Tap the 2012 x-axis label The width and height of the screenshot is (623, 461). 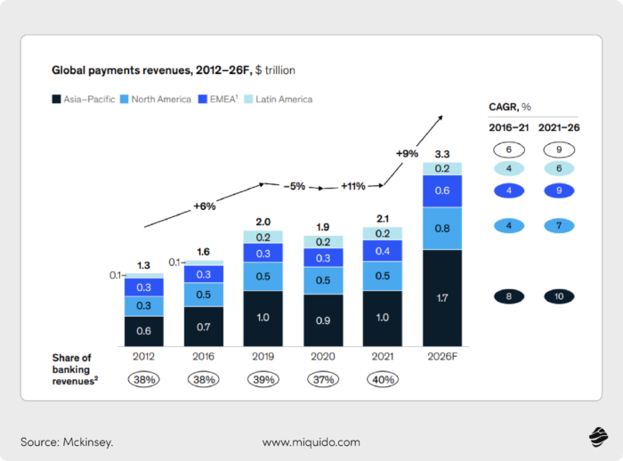[144, 358]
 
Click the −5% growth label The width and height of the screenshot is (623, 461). [295, 186]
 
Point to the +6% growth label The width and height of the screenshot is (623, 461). [206, 206]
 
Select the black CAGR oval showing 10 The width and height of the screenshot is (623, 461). [558, 296]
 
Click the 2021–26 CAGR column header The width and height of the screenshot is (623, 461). [558, 127]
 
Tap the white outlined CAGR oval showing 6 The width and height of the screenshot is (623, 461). [509, 150]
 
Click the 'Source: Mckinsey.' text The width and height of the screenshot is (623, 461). [67, 441]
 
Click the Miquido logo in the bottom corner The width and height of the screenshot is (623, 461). [595, 437]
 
